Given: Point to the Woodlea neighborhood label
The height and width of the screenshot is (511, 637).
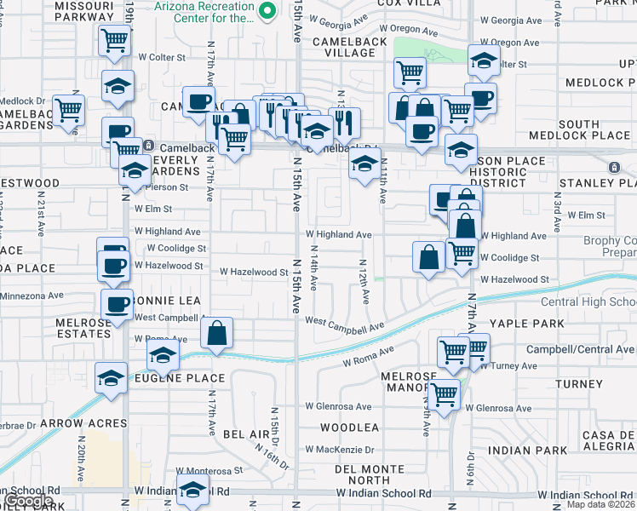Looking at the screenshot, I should click(349, 427).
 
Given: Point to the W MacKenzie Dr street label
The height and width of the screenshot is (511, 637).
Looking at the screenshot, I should click(340, 449).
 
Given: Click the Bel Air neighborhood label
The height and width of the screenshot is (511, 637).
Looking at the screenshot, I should click(246, 434).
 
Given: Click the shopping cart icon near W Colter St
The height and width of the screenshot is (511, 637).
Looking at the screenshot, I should click(114, 40).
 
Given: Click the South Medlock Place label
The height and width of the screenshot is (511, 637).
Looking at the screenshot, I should click(579, 129).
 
